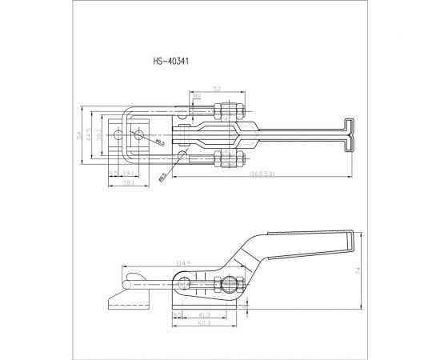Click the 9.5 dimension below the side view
coord(178,314)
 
